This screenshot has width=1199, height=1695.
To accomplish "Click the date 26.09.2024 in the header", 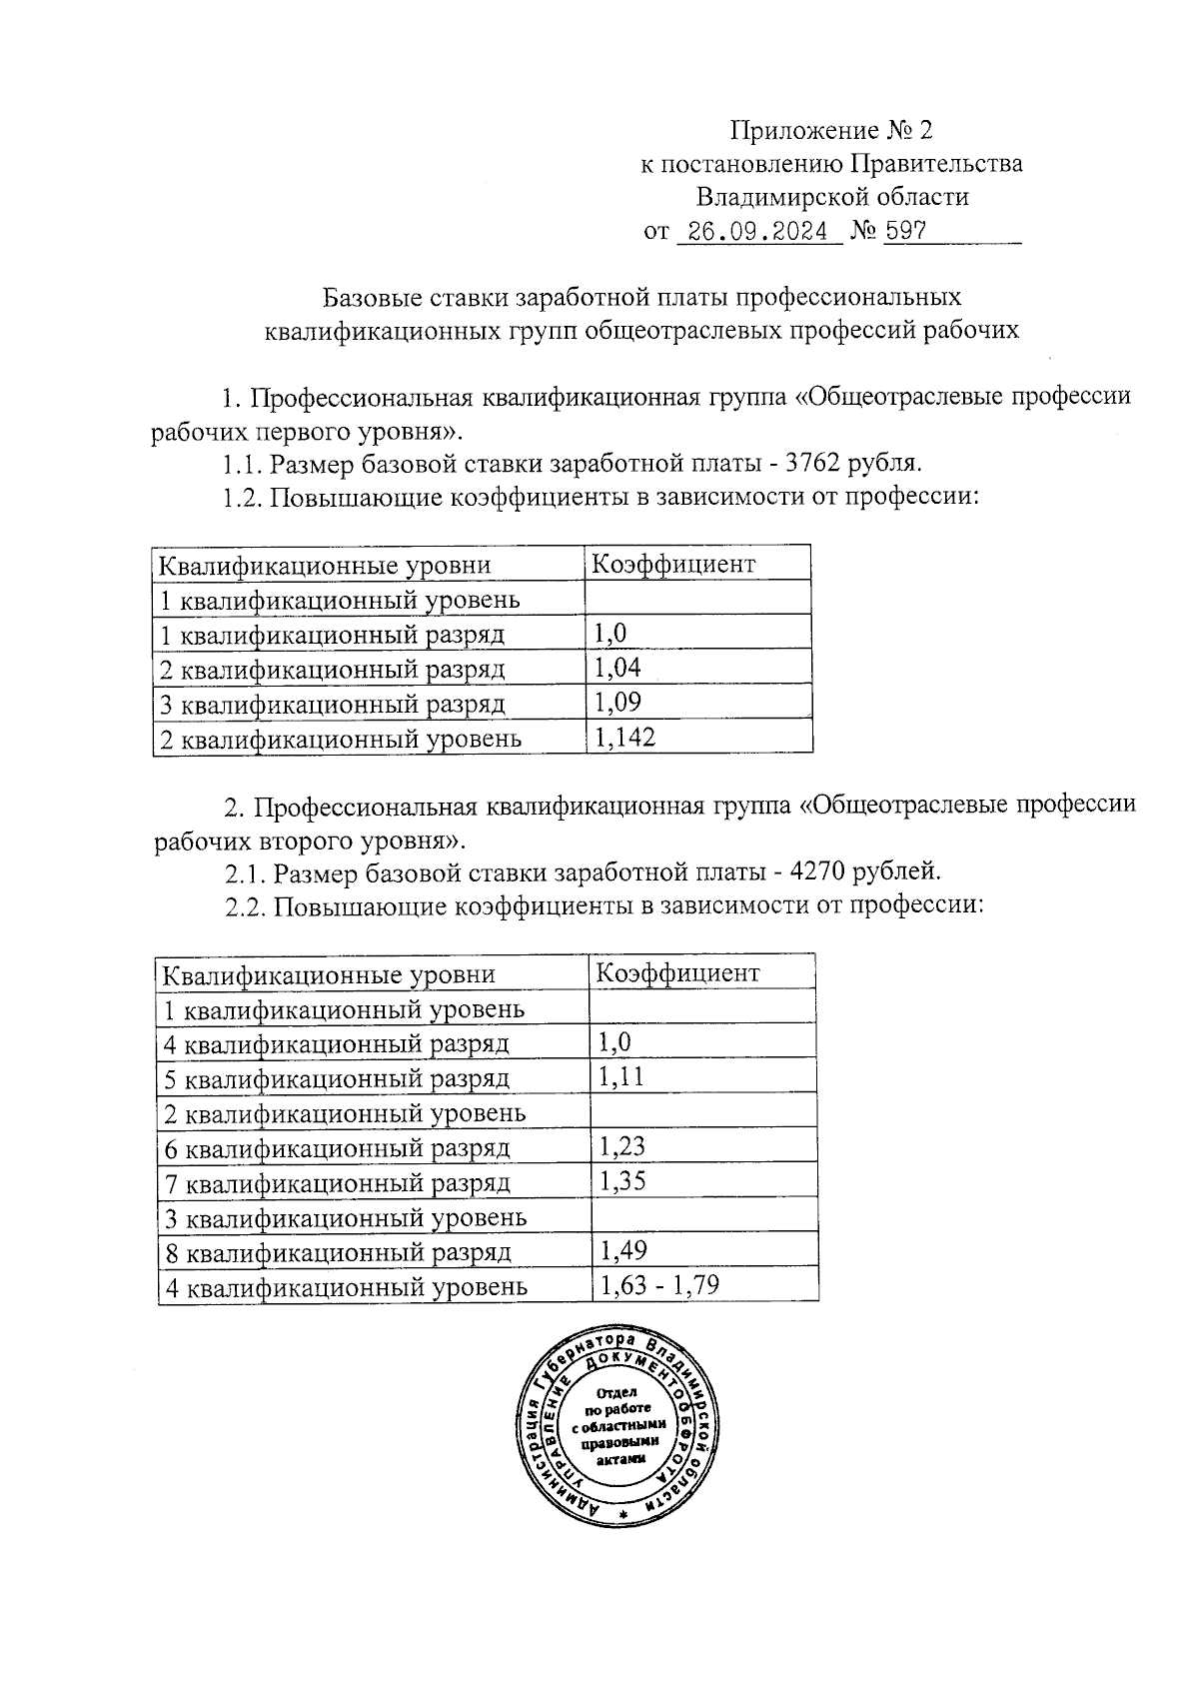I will (758, 232).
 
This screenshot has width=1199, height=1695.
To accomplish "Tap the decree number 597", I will (905, 232).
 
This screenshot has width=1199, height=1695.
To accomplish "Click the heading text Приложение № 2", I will (830, 131).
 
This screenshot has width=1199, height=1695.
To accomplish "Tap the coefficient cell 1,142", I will (624, 738).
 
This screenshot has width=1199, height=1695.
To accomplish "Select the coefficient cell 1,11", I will (621, 1076).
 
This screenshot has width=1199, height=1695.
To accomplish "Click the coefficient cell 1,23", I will (622, 1146).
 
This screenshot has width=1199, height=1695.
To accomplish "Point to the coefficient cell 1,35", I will (622, 1181).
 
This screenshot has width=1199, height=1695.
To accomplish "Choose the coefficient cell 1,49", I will (622, 1250).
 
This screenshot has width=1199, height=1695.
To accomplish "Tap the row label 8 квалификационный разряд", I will (338, 1252).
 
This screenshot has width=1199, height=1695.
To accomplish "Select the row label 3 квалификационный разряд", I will (333, 704).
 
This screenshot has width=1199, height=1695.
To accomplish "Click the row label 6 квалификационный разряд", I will (338, 1148).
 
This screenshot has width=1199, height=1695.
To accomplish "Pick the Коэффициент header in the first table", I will (673, 564).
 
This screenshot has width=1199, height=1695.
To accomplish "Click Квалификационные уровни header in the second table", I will (329, 974).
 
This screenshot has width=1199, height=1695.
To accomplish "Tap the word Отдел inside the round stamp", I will (615, 1393).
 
